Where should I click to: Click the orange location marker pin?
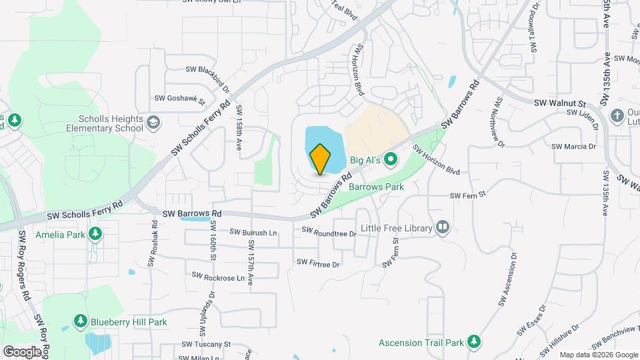point(320,159)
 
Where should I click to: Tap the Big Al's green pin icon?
point(391,159)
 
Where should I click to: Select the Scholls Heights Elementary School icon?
point(154,123)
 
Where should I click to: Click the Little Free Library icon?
point(442,228)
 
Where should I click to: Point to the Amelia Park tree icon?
point(95,234)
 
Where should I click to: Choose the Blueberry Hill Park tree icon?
point(81,321)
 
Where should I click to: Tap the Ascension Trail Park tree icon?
point(474,343)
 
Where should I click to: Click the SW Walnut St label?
point(559,103)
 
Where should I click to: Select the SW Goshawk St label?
point(179,99)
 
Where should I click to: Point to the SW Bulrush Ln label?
point(253,233)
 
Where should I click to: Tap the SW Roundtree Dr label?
point(329,232)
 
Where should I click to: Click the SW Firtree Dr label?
point(318,264)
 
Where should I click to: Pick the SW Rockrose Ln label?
point(219,275)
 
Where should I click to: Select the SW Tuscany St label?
point(205,345)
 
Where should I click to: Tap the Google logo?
point(22,351)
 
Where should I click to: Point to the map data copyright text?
point(599,355)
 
